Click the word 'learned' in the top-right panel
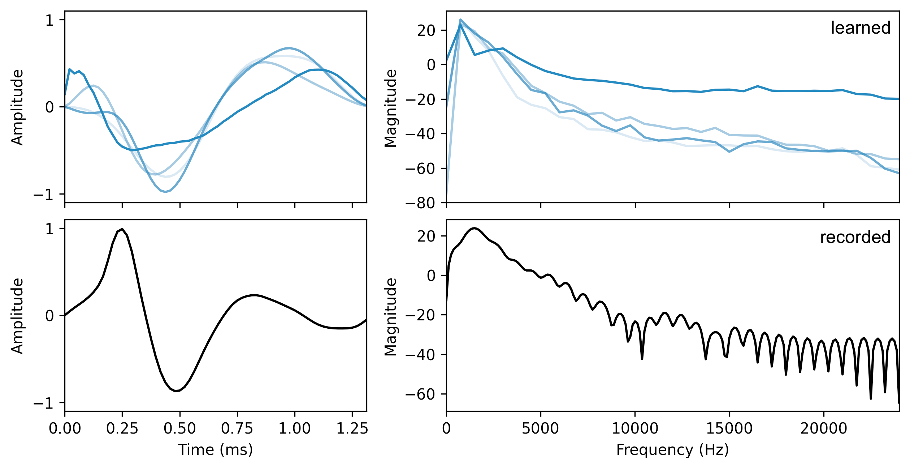860,28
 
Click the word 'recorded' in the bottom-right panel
855,237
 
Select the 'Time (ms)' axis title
215,449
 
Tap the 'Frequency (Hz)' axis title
672,449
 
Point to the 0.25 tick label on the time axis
122,429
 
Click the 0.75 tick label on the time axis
237,429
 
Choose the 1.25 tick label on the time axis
352,429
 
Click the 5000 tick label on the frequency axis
540,429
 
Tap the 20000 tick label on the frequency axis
823,429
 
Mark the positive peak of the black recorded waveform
122,229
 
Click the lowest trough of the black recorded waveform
175,391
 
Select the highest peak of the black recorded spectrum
474,228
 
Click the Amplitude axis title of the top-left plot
17,107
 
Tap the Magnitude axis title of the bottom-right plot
390,316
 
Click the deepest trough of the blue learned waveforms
165,192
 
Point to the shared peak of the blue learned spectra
460,20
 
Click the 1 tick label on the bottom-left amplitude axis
49,229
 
